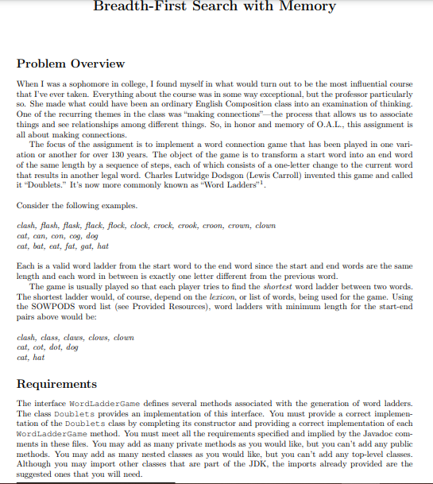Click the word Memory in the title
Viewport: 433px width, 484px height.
(x=301, y=7)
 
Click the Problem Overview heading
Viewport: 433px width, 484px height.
(x=71, y=64)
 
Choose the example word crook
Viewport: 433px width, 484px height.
(x=185, y=225)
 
